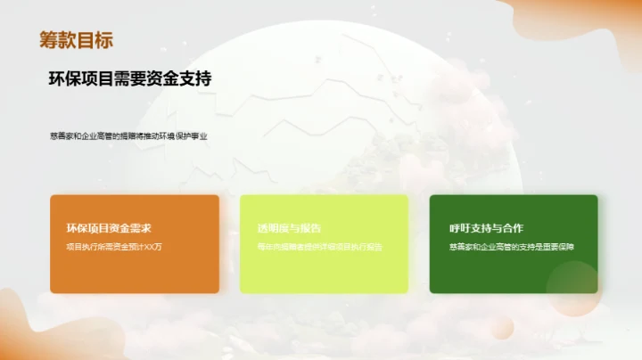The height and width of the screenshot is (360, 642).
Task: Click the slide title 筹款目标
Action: click(x=76, y=40)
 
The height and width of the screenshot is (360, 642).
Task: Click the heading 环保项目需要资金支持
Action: click(x=130, y=78)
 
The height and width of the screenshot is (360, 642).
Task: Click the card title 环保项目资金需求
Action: click(x=109, y=228)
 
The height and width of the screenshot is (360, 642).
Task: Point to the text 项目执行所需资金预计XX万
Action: click(x=114, y=247)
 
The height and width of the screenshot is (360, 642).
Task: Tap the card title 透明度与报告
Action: click(x=289, y=228)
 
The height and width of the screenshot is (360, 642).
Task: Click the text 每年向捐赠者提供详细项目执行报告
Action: click(x=319, y=247)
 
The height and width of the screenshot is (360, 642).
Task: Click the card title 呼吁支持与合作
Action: click(x=486, y=228)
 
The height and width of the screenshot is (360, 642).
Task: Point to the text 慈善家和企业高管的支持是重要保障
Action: click(x=512, y=247)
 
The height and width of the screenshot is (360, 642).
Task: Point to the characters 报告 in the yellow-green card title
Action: click(x=310, y=228)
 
